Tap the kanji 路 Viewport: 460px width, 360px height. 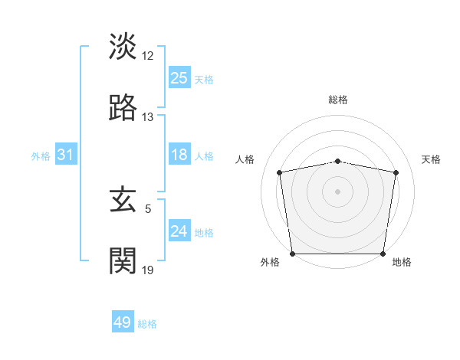click(123, 108)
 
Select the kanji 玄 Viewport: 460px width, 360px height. click(123, 201)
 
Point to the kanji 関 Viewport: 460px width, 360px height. click(123, 261)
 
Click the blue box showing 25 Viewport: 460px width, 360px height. click(179, 78)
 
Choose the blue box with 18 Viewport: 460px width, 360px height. click(179, 155)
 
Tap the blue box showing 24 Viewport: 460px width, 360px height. click(179, 231)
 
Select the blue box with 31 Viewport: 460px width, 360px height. click(66, 155)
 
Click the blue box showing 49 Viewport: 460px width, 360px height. click(123, 322)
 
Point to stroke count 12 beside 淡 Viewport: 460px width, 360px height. click(148, 56)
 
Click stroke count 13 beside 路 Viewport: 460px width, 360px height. click(148, 117)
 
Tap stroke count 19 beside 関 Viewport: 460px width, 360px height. click(148, 270)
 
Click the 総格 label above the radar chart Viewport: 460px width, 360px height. click(338, 100)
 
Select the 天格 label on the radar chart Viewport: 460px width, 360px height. click(431, 159)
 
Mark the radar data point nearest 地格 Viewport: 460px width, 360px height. click(383, 254)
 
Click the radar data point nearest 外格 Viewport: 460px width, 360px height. click(292, 254)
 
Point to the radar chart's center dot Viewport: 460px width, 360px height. click(338, 191)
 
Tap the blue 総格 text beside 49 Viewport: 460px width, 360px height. click(147, 324)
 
